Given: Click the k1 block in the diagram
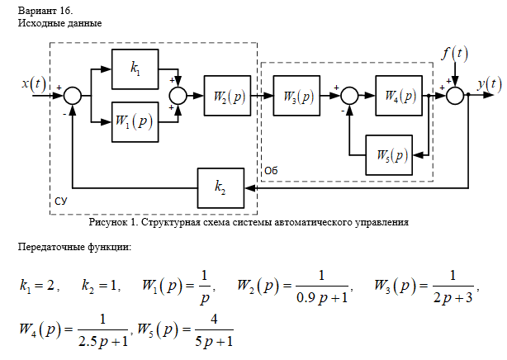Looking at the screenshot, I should [x=135, y=71].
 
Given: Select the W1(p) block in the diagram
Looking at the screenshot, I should [x=135, y=121].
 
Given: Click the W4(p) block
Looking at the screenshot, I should [x=399, y=96].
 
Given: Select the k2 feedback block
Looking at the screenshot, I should [x=220, y=187].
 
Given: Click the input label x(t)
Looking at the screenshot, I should [x=35, y=84].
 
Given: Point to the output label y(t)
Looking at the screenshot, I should [x=489, y=83].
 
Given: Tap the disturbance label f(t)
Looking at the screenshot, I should [x=453, y=54].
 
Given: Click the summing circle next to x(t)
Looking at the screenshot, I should [x=73, y=97].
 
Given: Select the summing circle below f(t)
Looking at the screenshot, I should [x=455, y=97].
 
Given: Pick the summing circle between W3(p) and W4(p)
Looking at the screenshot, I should [x=350, y=97].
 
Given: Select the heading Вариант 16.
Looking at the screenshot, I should [x=45, y=10].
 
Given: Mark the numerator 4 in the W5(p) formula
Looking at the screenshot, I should [x=213, y=320].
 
